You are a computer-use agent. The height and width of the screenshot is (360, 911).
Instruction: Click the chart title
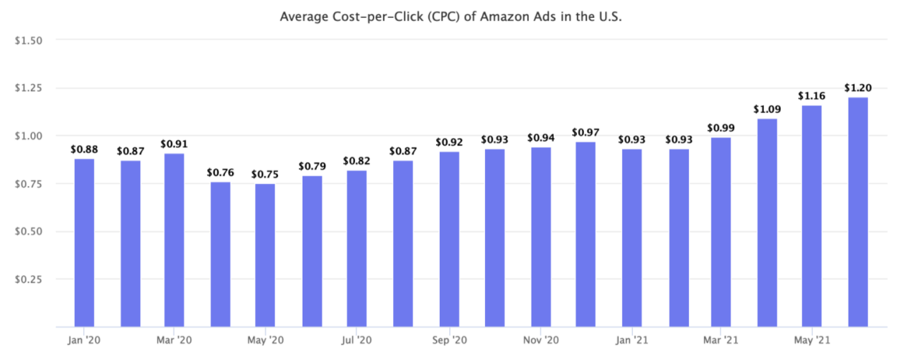click(450, 16)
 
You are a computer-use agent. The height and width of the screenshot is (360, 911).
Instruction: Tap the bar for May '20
click(264, 255)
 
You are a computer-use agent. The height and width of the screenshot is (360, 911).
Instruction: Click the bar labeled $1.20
click(858, 212)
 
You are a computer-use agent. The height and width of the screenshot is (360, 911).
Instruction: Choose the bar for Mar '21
click(721, 231)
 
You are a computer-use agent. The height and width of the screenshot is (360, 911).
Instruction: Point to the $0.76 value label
click(220, 172)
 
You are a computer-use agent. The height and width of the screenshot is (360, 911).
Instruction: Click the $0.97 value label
click(586, 133)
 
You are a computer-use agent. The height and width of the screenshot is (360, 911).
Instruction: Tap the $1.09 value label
click(767, 109)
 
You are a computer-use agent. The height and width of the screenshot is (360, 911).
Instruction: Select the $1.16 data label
click(812, 96)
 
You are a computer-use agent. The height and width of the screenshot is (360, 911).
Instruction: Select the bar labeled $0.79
click(311, 251)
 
